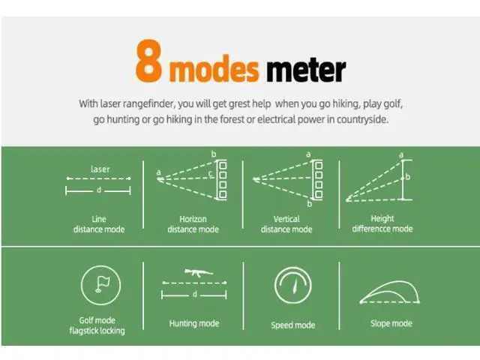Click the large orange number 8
tap(148, 61)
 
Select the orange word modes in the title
tap(214, 69)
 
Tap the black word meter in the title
tap(306, 70)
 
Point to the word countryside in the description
tap(362, 119)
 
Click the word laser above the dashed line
tap(100, 169)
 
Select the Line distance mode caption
tap(99, 224)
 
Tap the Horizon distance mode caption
tap(193, 224)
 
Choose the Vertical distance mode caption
tap(286, 224)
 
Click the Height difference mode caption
tap(382, 223)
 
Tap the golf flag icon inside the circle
tap(103, 284)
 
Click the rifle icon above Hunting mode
tap(198, 272)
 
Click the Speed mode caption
tap(293, 325)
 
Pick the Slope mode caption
tap(391, 323)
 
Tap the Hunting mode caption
tap(194, 323)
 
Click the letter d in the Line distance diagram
tap(99, 190)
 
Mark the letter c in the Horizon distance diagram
tap(210, 173)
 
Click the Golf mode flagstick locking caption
tap(97, 325)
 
